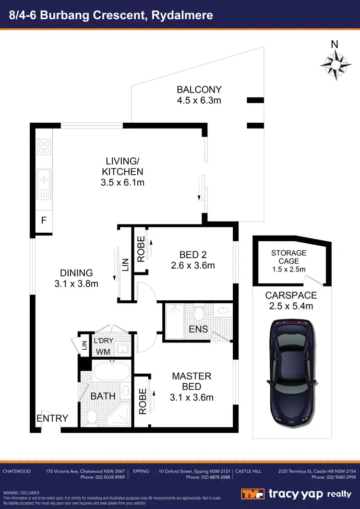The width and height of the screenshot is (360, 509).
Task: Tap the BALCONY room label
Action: click(x=199, y=89)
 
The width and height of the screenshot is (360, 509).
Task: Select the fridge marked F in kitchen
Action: click(x=44, y=221)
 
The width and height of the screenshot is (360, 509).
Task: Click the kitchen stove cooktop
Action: click(x=44, y=146)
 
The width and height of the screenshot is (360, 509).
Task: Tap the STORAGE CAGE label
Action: click(x=288, y=257)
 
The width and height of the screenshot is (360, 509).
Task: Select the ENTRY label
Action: click(x=52, y=418)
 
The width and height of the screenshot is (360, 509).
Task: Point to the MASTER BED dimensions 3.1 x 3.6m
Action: click(x=192, y=397)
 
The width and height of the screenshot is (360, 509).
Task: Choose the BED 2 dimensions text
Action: click(x=192, y=265)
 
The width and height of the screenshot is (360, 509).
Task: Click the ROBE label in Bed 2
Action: click(x=141, y=249)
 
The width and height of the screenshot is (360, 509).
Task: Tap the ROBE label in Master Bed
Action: click(x=142, y=401)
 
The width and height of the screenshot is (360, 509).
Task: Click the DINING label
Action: click(x=76, y=273)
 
